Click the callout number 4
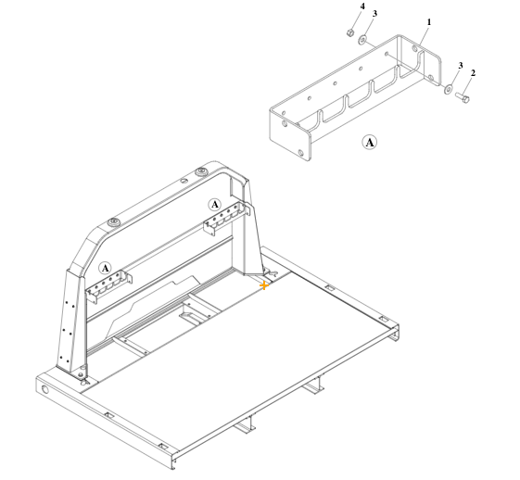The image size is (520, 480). click(362, 6)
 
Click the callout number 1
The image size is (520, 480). click(429, 20)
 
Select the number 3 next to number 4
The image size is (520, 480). click(374, 14)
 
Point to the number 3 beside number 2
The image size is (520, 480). click(460, 65)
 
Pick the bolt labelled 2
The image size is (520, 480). click(463, 96)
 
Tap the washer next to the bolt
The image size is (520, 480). click(450, 90)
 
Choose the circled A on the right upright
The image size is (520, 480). click(214, 204)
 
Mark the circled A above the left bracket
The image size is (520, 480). click(105, 268)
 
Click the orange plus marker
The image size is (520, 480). click(264, 286)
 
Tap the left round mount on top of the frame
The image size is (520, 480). click(113, 222)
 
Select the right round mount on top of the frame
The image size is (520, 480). click(200, 172)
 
